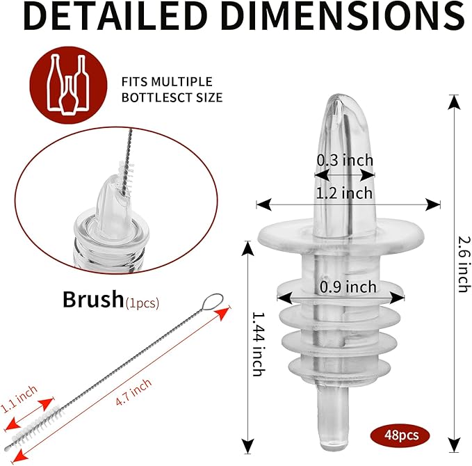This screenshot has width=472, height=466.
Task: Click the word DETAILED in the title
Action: point(115,16)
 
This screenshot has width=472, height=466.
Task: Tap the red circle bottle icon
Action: point(68,85)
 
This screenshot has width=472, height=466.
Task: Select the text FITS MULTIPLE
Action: point(167,81)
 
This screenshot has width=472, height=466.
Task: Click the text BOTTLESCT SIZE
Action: point(172,97)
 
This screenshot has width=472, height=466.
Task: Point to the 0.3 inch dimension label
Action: point(345,160)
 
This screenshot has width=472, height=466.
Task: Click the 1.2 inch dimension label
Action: point(344,193)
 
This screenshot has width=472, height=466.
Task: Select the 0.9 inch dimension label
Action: point(348,287)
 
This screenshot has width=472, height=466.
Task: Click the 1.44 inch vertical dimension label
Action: point(259,344)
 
